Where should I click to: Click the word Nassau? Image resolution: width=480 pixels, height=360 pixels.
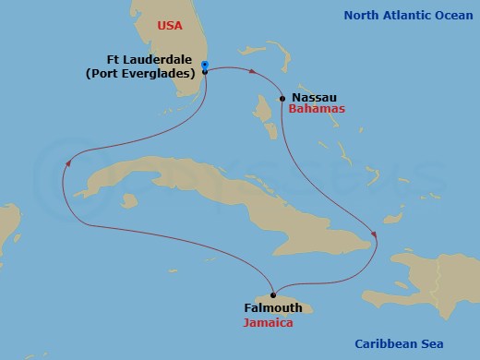tap(313, 96)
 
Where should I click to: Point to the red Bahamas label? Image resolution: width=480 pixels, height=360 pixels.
tap(317, 109)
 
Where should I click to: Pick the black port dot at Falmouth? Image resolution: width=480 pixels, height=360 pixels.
tap(272, 295)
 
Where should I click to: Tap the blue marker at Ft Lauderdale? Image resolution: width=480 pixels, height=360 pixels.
tap(204, 65)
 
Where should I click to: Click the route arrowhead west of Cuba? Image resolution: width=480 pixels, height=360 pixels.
tap(67, 163)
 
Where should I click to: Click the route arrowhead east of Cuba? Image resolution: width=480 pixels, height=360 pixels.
tap(373, 232)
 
